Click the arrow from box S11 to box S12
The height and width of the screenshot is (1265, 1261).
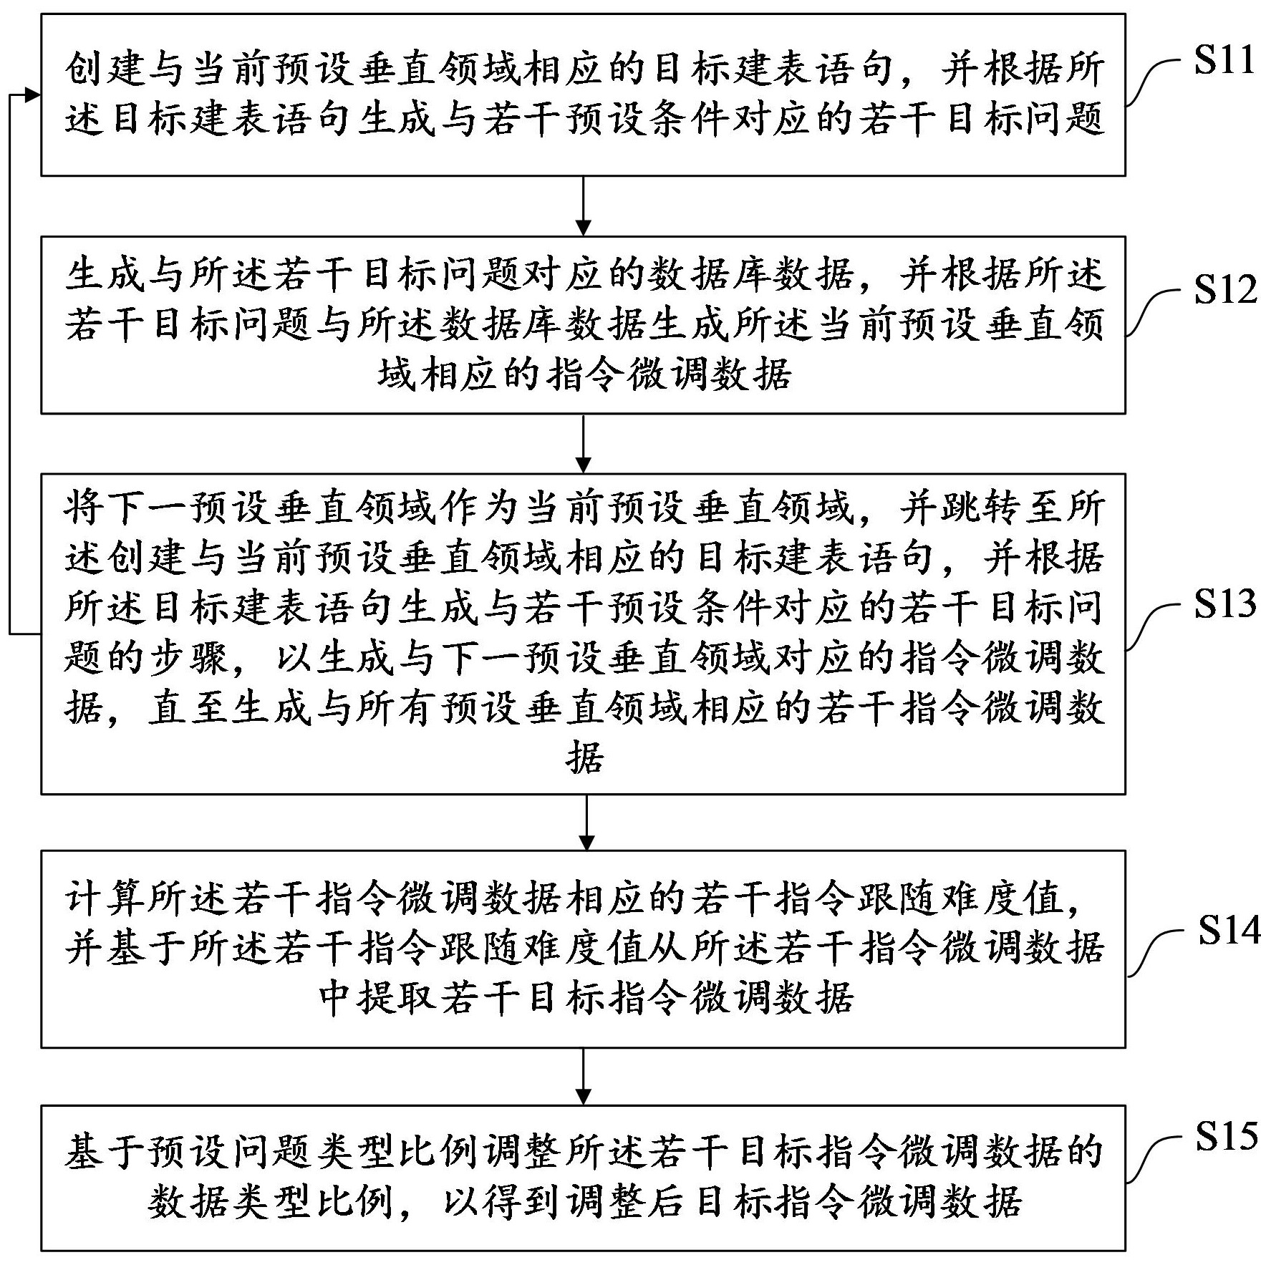click(584, 205)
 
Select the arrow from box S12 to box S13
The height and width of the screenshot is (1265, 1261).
click(584, 443)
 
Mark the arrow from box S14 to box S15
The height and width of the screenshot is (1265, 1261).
click(584, 1079)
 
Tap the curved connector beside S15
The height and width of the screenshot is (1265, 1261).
click(1154, 1158)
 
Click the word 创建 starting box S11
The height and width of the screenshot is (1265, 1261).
click(107, 70)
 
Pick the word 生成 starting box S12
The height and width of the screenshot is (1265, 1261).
click(107, 275)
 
